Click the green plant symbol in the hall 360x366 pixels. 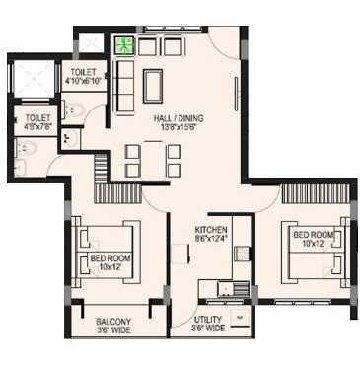(x=124, y=45)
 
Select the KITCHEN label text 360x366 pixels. (x=211, y=228)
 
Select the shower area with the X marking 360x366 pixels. (x=33, y=78)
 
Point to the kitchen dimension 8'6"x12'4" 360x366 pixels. (x=211, y=238)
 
